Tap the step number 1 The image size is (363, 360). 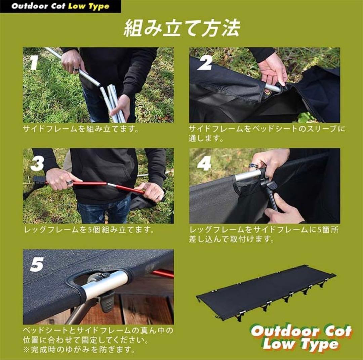point(34,63)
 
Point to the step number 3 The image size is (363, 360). point(37,164)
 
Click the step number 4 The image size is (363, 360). point(204,164)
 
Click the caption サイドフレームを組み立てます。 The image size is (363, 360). point(81,129)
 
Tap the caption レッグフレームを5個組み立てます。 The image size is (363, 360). point(89,230)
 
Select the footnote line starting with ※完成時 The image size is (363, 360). point(79,350)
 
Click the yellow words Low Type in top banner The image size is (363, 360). point(89,7)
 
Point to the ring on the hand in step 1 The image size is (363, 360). point(76,70)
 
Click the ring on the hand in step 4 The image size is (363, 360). point(253,166)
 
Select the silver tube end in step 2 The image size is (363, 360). point(272,88)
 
